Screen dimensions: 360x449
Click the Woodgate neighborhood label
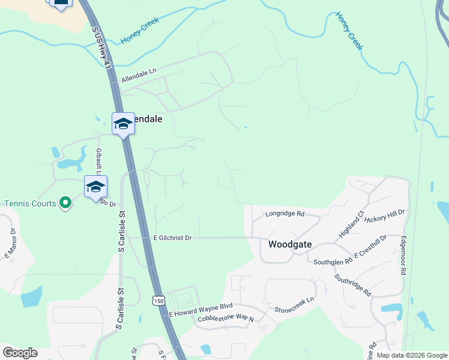coord(290,244)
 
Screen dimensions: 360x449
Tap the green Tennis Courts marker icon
coord(66,203)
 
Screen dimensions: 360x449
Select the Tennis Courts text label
coord(30,203)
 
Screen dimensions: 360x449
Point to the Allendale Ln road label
coord(139,75)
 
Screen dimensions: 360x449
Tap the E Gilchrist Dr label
coord(172,238)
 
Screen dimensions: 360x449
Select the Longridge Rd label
coord(285,214)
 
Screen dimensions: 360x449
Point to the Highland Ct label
coord(352,224)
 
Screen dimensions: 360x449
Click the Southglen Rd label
coord(333,262)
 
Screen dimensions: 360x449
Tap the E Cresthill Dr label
coord(370,247)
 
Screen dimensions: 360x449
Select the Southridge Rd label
coord(353,284)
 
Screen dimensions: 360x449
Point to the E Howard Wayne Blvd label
coord(200,310)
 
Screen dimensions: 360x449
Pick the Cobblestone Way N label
coord(226,319)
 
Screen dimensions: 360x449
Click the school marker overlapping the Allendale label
coord(123,124)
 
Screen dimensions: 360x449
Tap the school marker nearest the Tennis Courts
coord(95,187)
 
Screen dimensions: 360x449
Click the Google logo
coord(20,353)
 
